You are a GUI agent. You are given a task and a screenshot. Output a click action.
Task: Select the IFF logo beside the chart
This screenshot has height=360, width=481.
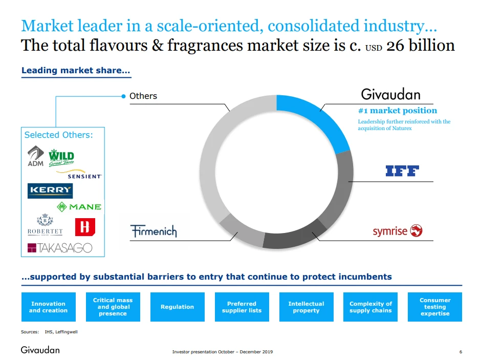click(x=402, y=171)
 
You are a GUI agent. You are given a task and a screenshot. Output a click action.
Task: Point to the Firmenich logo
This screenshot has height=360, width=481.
click(x=154, y=231)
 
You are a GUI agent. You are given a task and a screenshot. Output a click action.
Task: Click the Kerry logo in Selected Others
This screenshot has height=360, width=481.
click(x=50, y=190)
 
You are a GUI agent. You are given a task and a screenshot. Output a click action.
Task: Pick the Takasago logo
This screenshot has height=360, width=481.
click(x=60, y=248)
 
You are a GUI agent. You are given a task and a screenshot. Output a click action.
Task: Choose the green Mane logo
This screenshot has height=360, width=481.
click(x=79, y=207)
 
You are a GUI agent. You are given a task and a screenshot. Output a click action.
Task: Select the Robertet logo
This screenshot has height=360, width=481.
click(x=45, y=226)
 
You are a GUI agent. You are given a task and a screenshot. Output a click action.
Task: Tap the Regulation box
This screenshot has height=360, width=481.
click(x=177, y=307)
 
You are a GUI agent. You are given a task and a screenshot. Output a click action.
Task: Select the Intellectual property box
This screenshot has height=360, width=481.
click(x=306, y=307)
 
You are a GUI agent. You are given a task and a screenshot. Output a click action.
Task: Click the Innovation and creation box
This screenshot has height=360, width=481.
click(x=48, y=307)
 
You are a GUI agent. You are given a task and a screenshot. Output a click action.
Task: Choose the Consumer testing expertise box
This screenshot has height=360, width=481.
click(x=435, y=307)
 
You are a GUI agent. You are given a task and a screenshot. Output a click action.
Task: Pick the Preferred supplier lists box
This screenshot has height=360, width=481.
click(x=242, y=307)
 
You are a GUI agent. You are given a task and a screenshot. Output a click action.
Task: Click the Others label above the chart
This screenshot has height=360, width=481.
click(x=143, y=96)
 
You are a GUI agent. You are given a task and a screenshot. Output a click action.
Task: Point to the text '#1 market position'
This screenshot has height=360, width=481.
click(x=398, y=111)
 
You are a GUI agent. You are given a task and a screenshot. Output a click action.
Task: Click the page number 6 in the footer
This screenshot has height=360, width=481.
click(x=461, y=352)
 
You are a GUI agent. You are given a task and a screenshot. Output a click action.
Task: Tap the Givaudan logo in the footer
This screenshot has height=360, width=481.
click(x=40, y=350)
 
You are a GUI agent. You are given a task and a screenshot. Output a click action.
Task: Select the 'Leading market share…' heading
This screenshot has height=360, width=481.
click(x=76, y=71)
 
